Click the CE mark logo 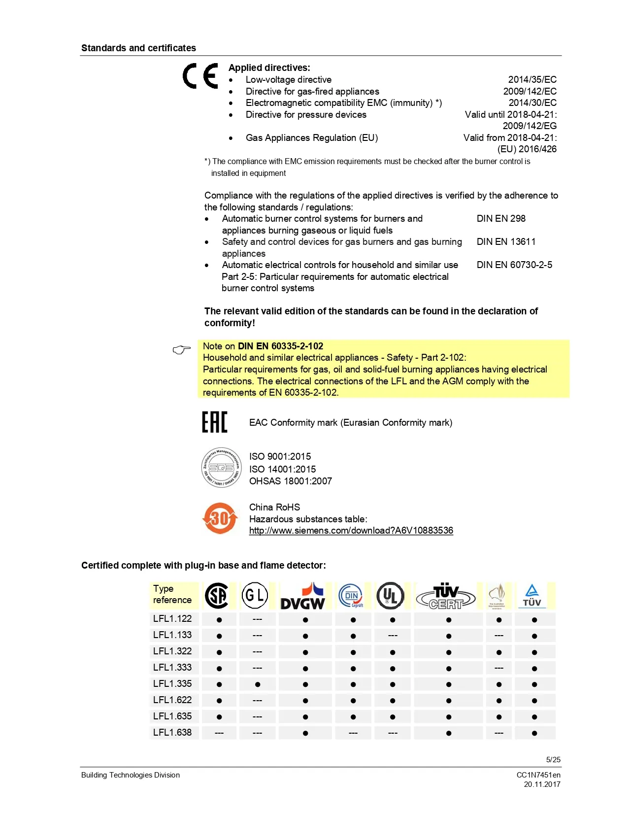pyautogui.click(x=200, y=76)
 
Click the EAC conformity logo pyautogui.click(x=214, y=422)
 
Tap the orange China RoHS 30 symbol pyautogui.click(x=220, y=518)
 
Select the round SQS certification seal pyautogui.click(x=221, y=468)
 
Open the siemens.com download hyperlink pyautogui.click(x=351, y=531)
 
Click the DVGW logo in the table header pyautogui.click(x=302, y=596)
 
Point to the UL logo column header pyautogui.click(x=390, y=596)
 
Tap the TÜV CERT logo pyautogui.click(x=446, y=597)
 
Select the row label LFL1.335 pyautogui.click(x=172, y=684)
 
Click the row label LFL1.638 pyautogui.click(x=172, y=733)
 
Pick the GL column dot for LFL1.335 pyautogui.click(x=258, y=684)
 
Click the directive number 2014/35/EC pyautogui.click(x=532, y=80)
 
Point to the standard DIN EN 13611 pyautogui.click(x=506, y=242)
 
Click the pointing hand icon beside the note pyautogui.click(x=182, y=350)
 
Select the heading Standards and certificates pyautogui.click(x=138, y=48)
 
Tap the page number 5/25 pyautogui.click(x=553, y=760)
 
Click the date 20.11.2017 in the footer pyautogui.click(x=542, y=784)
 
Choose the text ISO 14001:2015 pyautogui.click(x=282, y=470)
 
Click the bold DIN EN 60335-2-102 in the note pyautogui.click(x=280, y=346)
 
